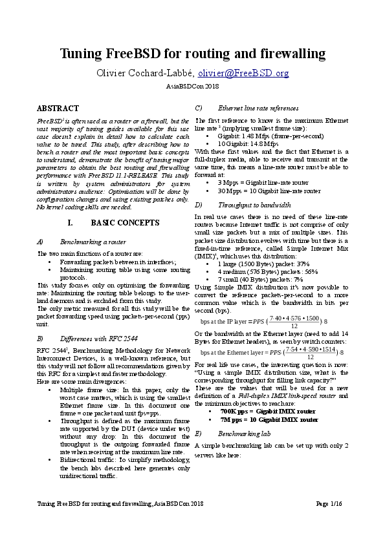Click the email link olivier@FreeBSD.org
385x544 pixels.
coord(243,73)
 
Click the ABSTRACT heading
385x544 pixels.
coord(58,109)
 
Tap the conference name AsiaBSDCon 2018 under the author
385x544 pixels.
coord(192,86)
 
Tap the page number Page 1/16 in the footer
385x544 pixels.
coord(331,520)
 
